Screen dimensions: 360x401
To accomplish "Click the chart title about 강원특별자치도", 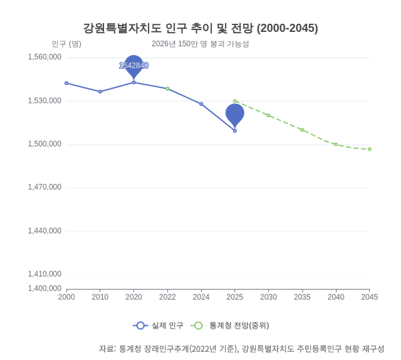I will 200,28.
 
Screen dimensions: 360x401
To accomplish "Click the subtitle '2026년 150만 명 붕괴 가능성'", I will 200,44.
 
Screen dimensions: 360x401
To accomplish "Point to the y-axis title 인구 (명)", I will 66,44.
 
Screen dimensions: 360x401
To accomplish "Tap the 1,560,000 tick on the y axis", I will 44,57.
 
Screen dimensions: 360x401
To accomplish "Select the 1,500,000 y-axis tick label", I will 44,144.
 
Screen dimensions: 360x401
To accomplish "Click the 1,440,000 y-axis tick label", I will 44,231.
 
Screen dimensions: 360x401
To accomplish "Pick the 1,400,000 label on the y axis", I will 44,289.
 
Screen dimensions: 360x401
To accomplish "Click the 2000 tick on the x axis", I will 66,297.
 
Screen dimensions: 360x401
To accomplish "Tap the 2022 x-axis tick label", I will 167,297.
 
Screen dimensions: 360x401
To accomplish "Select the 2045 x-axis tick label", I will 370,297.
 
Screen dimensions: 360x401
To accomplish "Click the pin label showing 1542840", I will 133,66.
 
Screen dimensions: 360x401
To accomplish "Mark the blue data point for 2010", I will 100,91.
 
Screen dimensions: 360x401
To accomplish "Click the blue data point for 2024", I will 201,104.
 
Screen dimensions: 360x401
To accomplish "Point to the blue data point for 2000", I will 66,83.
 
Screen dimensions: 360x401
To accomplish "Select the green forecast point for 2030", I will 269,115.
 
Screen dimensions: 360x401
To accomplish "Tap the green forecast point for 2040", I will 336,145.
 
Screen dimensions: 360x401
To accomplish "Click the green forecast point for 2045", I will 370,149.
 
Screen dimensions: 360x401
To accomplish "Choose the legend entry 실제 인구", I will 159,326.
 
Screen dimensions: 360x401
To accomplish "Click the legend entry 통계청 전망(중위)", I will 231,326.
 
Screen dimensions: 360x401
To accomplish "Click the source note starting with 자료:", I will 241,349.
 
